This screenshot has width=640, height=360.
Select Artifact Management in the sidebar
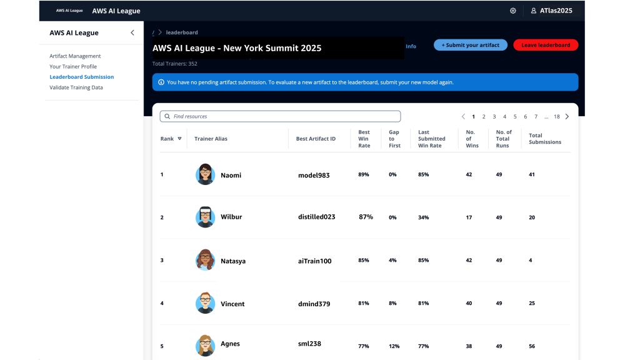75,56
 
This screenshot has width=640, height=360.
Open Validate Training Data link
76,87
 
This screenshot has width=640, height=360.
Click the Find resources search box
280,116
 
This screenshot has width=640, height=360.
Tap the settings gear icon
513,11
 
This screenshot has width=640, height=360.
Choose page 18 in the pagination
556,116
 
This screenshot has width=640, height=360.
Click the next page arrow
567,116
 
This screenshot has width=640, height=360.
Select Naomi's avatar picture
205,174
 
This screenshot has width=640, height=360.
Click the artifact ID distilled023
316,217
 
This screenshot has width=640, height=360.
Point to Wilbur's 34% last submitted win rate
423,217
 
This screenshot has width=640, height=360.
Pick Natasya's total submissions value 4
531,260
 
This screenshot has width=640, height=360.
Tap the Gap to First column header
394,139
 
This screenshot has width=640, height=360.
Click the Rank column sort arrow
179,139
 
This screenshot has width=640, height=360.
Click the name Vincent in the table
232,304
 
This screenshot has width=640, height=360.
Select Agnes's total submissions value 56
532,346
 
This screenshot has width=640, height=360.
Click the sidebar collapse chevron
132,32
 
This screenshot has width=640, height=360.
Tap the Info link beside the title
411,46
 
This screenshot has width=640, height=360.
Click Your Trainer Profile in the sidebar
73,66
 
